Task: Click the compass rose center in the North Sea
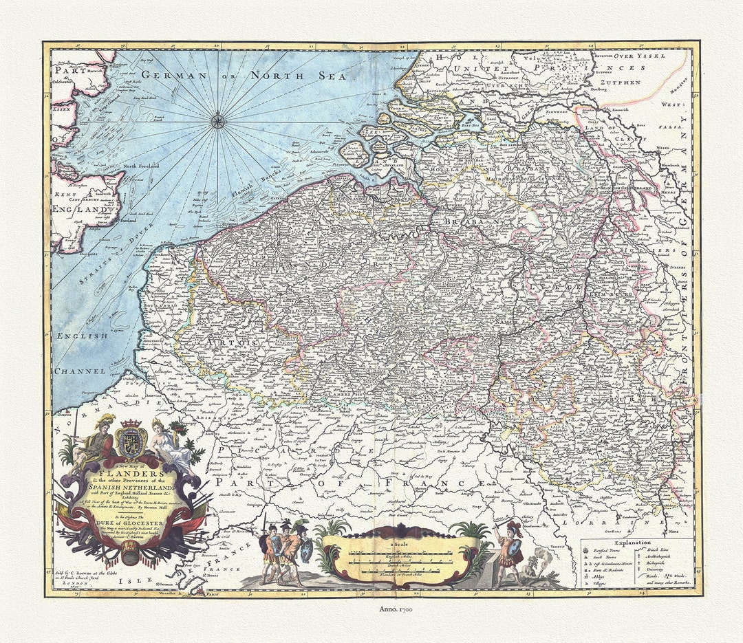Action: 217,122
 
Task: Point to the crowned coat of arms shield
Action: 130,442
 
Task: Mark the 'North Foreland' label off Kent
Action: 140,166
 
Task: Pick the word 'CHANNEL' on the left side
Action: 80,371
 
